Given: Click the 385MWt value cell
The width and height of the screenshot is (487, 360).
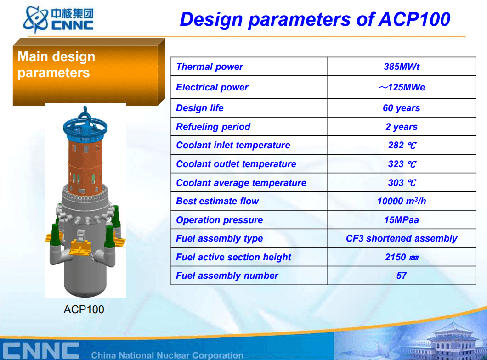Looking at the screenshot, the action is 401,67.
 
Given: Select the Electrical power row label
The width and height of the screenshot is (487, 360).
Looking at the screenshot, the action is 212,88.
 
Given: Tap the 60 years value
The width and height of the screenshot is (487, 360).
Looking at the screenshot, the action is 401,108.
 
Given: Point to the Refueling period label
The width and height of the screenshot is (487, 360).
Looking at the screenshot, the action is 213,127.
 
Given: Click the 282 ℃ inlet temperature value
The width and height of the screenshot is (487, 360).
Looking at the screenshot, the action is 402,145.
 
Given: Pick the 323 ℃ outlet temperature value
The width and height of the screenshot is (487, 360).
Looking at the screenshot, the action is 402,164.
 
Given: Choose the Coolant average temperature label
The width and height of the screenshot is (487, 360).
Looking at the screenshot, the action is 241,183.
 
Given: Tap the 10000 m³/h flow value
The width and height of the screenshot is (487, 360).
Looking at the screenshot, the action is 401,201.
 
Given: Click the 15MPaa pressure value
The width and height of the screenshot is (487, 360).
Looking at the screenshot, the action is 401,220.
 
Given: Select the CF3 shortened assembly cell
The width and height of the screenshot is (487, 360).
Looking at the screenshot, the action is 401,238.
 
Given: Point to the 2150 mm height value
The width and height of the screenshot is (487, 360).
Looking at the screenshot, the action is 402,257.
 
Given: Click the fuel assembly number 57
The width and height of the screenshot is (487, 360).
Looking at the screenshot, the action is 401,276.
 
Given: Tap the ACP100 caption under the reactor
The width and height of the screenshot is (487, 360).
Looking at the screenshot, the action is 84,309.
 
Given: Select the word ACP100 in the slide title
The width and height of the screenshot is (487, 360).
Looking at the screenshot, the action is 414,19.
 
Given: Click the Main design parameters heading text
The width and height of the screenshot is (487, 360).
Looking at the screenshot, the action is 56,65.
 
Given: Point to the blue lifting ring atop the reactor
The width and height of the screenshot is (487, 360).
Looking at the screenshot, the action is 85,127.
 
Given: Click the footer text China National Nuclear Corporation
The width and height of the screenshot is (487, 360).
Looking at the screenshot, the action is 167,355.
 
